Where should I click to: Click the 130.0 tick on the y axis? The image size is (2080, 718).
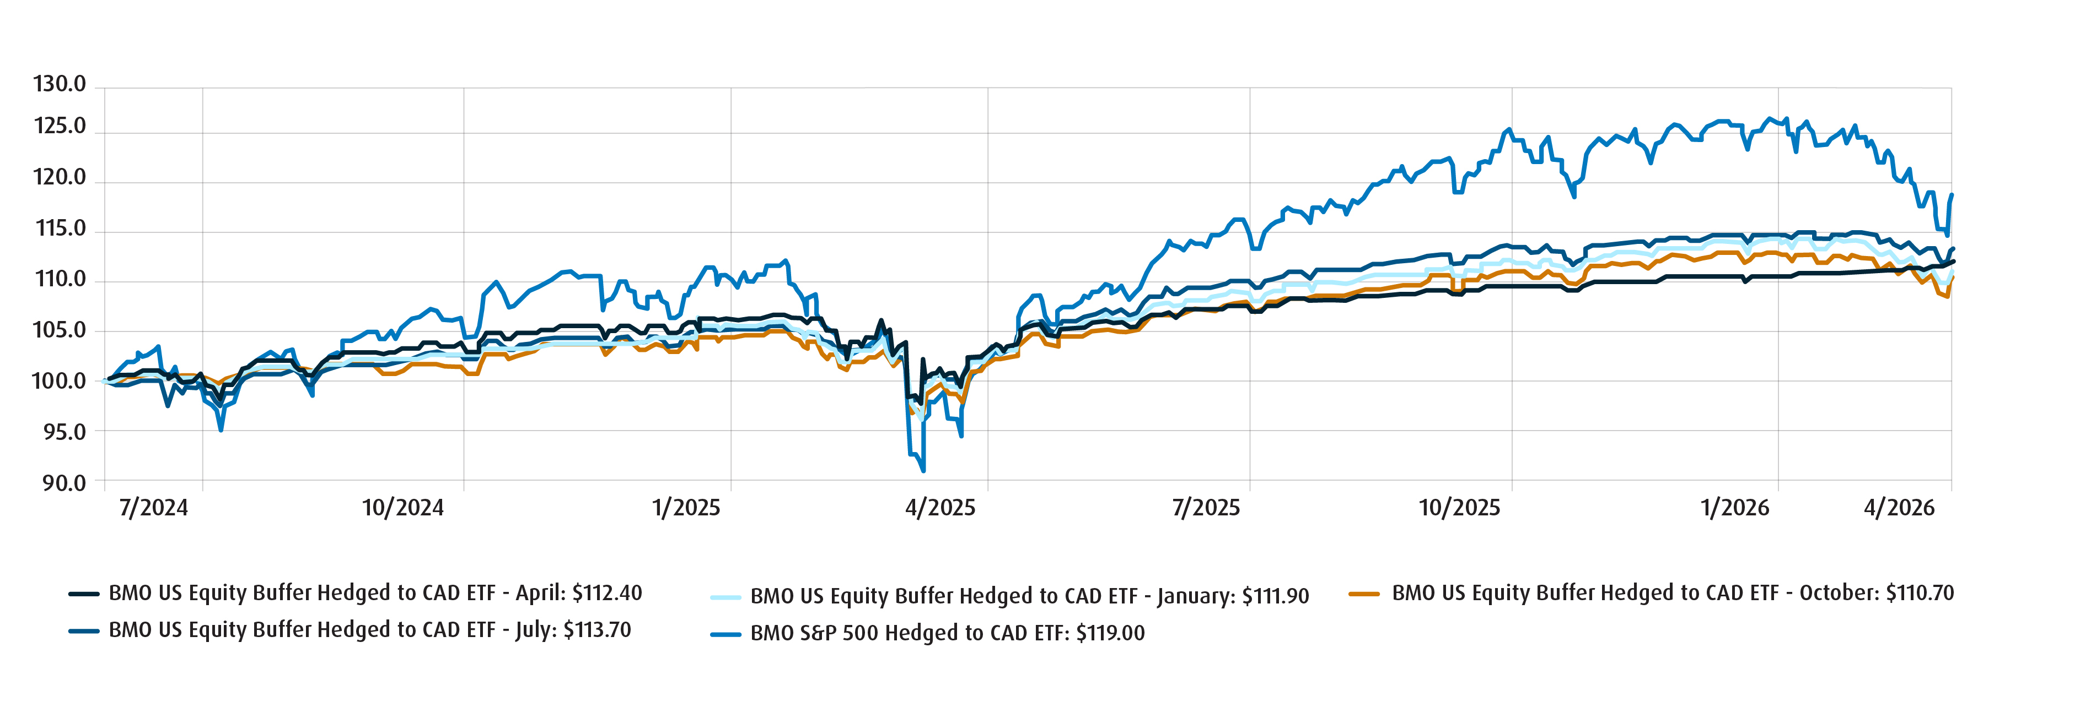click(59, 84)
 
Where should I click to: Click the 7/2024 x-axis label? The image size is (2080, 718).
click(153, 508)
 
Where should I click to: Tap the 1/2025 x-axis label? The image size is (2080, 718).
click(686, 508)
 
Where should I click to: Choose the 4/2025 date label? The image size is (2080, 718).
click(940, 508)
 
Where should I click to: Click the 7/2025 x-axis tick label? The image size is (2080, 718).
click(1206, 508)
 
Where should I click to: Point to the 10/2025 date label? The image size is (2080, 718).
click(1459, 508)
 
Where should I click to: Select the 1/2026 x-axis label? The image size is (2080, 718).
click(1734, 508)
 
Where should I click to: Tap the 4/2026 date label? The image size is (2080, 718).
click(1899, 508)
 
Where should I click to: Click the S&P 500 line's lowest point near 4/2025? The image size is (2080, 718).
click(923, 470)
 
